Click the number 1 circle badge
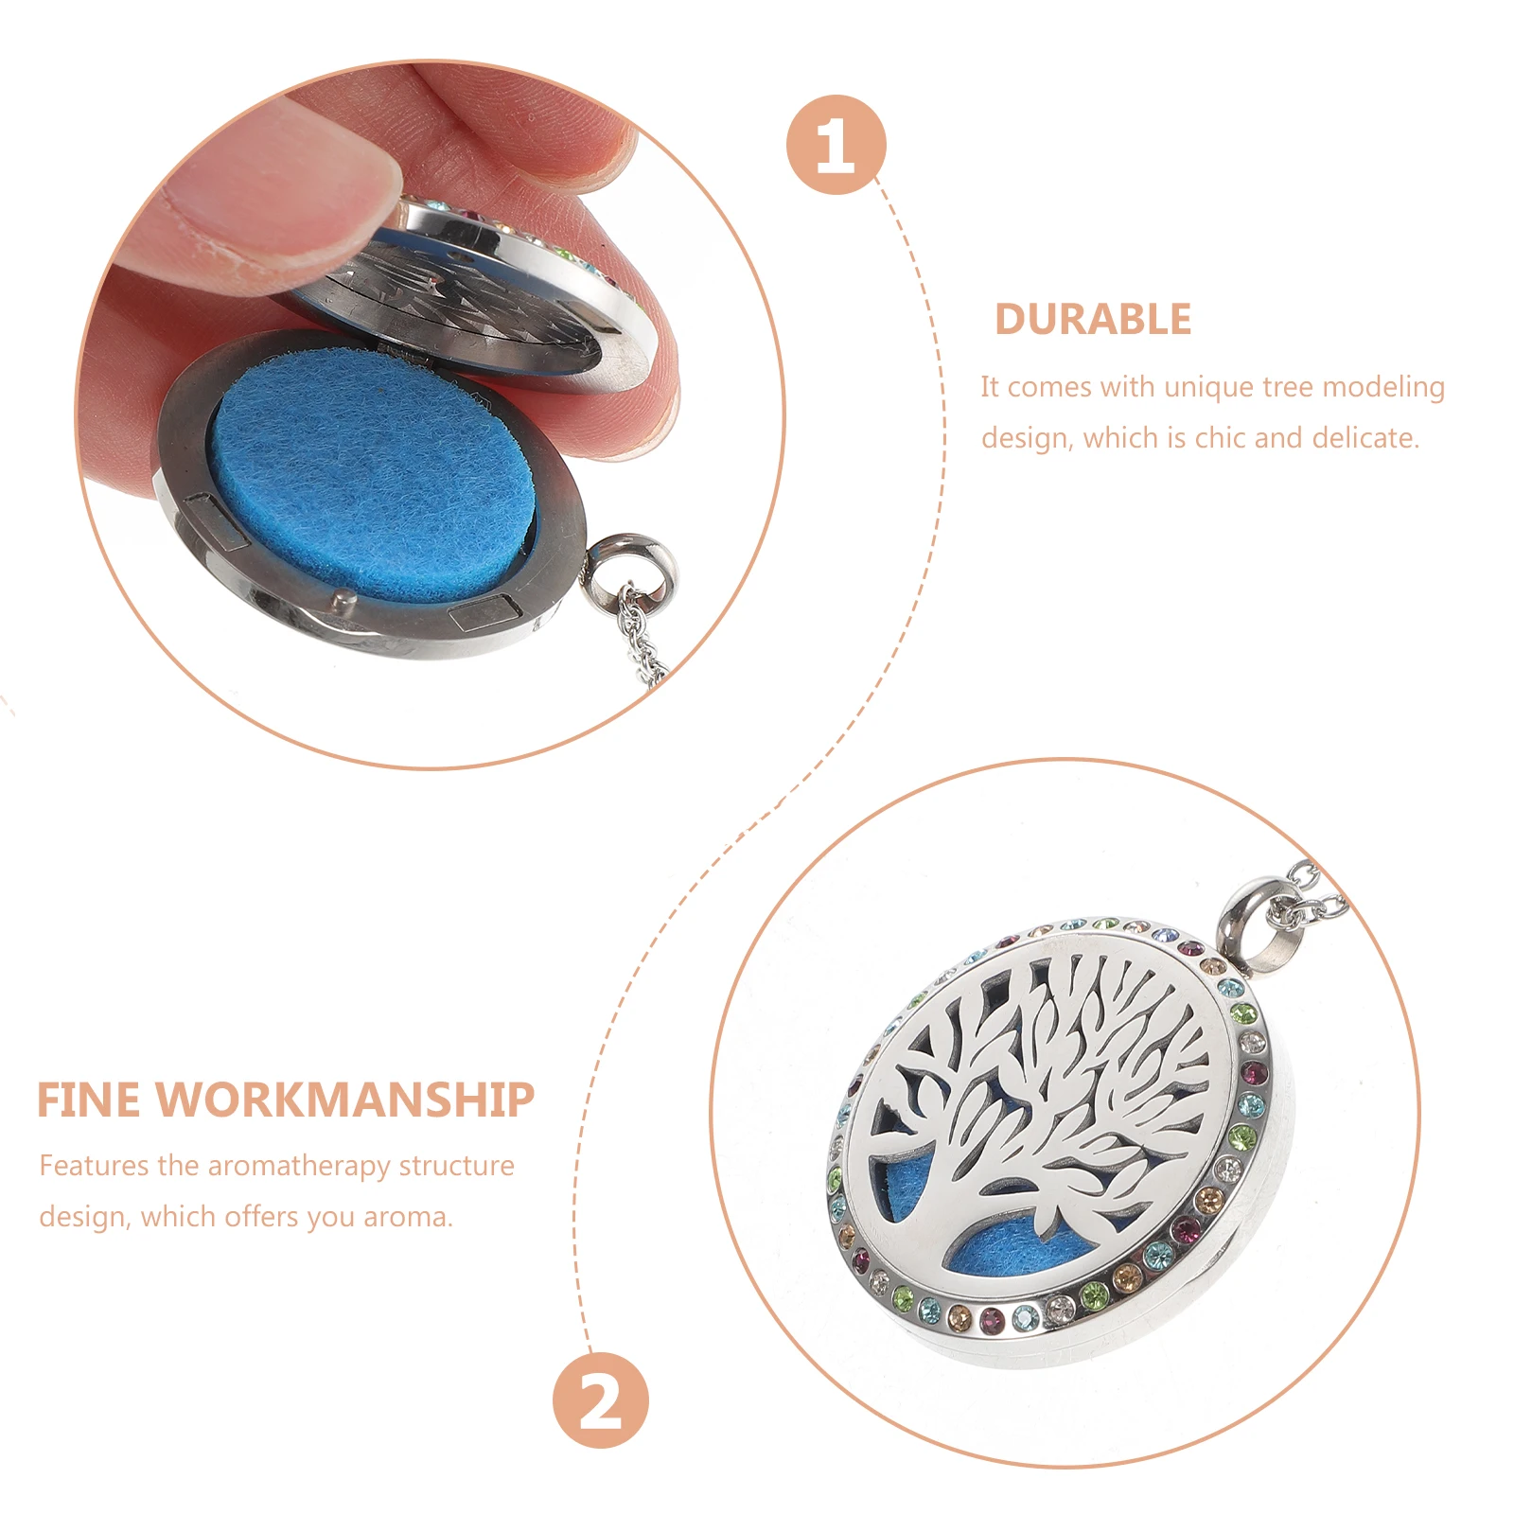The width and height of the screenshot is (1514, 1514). [836, 145]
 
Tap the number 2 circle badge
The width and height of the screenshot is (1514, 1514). [601, 1400]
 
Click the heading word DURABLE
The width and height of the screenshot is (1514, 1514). [1092, 320]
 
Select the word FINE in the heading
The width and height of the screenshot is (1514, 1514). [89, 1100]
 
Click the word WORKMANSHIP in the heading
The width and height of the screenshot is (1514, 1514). [350, 1100]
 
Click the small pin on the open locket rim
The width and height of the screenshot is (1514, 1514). [342, 598]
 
